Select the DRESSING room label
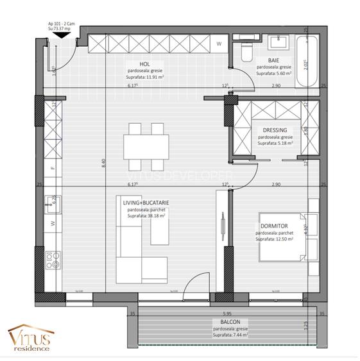point(275,130)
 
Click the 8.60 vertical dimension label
point(103,164)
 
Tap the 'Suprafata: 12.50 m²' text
point(274,239)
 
